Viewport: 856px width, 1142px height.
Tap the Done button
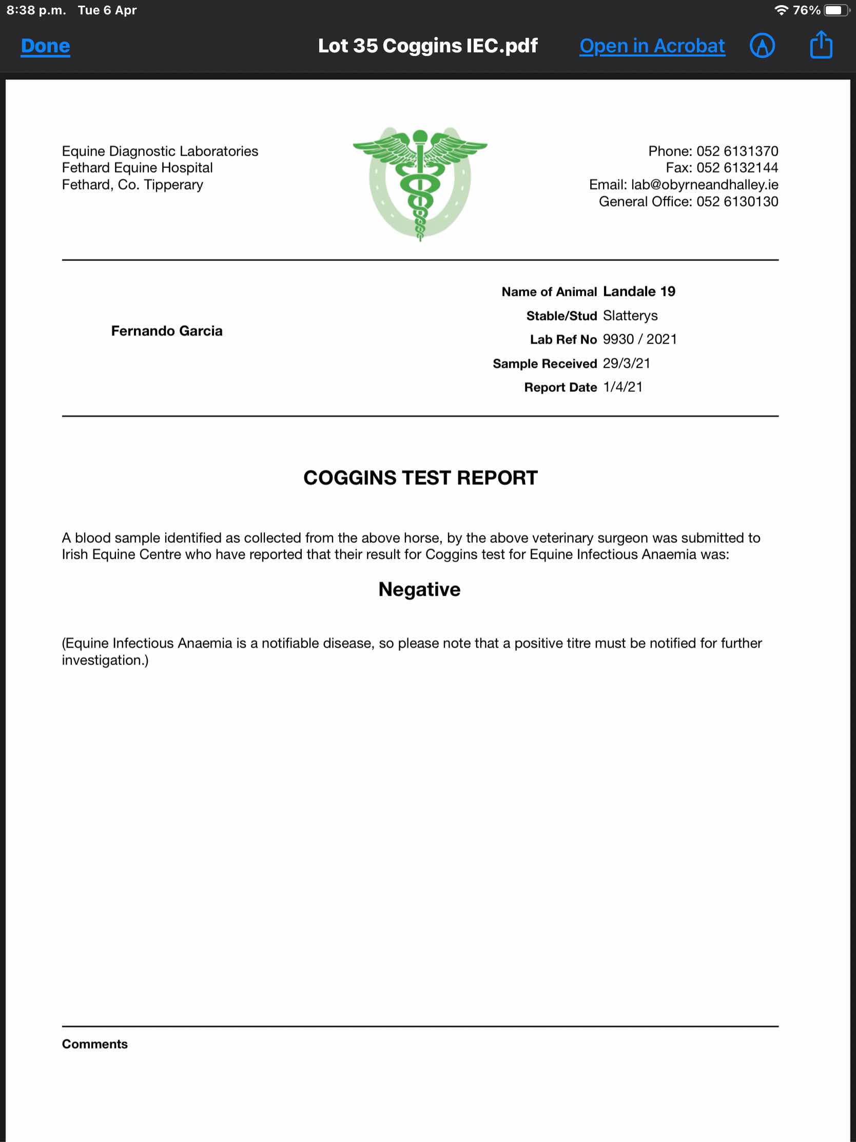(x=45, y=46)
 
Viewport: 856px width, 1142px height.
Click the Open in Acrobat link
(x=652, y=46)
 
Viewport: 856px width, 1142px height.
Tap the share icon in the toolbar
(x=821, y=45)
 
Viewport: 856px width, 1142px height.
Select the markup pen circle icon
(x=762, y=46)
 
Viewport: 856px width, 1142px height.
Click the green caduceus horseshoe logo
(x=420, y=183)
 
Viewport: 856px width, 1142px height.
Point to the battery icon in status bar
(x=835, y=10)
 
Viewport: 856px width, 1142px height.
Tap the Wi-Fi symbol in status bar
(x=781, y=10)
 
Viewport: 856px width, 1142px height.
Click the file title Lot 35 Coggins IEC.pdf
(x=427, y=46)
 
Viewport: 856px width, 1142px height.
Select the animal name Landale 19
(x=639, y=292)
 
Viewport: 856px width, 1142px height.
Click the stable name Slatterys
(x=630, y=315)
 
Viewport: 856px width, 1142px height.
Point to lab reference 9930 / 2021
(x=639, y=339)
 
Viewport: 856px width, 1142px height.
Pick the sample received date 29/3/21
(x=626, y=364)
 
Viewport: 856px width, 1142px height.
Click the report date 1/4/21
(x=622, y=387)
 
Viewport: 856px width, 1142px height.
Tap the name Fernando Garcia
(x=167, y=331)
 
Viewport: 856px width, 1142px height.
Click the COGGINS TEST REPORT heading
(x=420, y=478)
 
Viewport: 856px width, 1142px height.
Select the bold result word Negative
(x=419, y=589)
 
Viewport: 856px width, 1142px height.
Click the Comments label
(x=95, y=1044)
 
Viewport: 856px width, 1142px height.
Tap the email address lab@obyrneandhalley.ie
(x=704, y=185)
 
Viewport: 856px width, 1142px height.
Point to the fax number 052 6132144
(x=737, y=168)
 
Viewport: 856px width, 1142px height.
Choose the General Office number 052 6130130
(x=737, y=202)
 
